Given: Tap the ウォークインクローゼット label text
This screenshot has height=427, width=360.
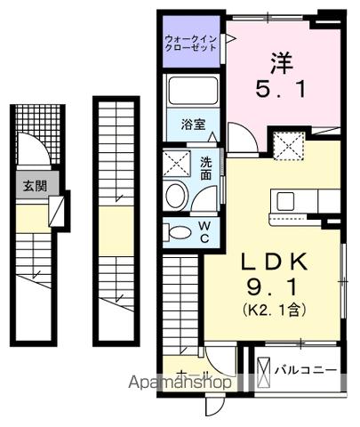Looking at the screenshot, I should click(190, 44).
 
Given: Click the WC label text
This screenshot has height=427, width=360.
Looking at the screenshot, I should click(204, 233).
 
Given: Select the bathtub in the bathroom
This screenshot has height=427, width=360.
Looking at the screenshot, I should click(192, 92).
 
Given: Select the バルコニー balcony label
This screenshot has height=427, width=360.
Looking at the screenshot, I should click(305, 367).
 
